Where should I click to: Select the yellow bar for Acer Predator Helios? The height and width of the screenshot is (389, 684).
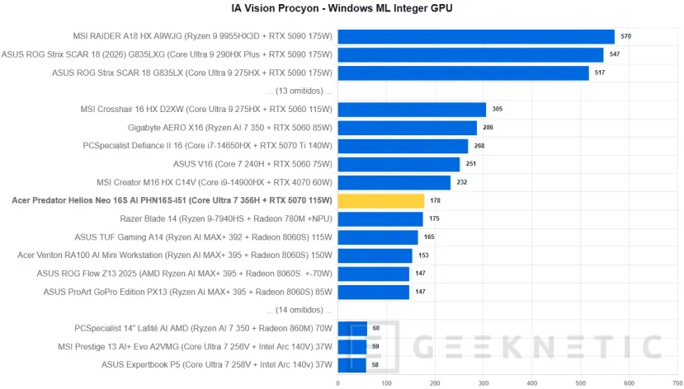381,201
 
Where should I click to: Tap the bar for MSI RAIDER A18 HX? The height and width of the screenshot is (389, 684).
476,36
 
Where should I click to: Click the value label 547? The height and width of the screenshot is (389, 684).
615,54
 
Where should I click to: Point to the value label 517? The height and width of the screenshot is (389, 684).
600,73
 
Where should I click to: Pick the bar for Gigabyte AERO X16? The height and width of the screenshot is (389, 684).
408,128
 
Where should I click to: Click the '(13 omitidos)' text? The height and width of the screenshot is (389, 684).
300,91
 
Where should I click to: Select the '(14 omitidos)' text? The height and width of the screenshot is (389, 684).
300,310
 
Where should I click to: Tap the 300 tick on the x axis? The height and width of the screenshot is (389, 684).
484,383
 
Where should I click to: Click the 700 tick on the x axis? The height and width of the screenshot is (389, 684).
677,383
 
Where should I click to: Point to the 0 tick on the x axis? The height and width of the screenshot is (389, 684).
337,383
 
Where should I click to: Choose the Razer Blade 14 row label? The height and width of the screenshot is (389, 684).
226,218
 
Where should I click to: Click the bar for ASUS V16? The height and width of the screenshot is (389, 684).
399,164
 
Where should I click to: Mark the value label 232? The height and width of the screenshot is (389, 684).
462,182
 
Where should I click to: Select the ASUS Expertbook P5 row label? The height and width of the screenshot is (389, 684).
217,364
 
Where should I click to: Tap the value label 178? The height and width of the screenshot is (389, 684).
435,201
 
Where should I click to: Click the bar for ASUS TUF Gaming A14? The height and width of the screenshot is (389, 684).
378,237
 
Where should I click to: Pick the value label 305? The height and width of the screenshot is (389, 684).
498,110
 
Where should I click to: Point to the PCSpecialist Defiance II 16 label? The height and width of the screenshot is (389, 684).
208,146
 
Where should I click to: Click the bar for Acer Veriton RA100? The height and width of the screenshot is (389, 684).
375,255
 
